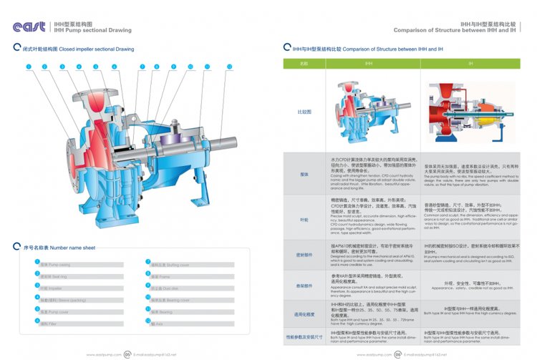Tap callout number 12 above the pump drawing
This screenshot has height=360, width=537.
229,67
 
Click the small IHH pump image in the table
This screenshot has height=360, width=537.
368,110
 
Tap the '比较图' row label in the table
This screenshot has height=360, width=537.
304,112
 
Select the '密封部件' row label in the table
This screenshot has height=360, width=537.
304,253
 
